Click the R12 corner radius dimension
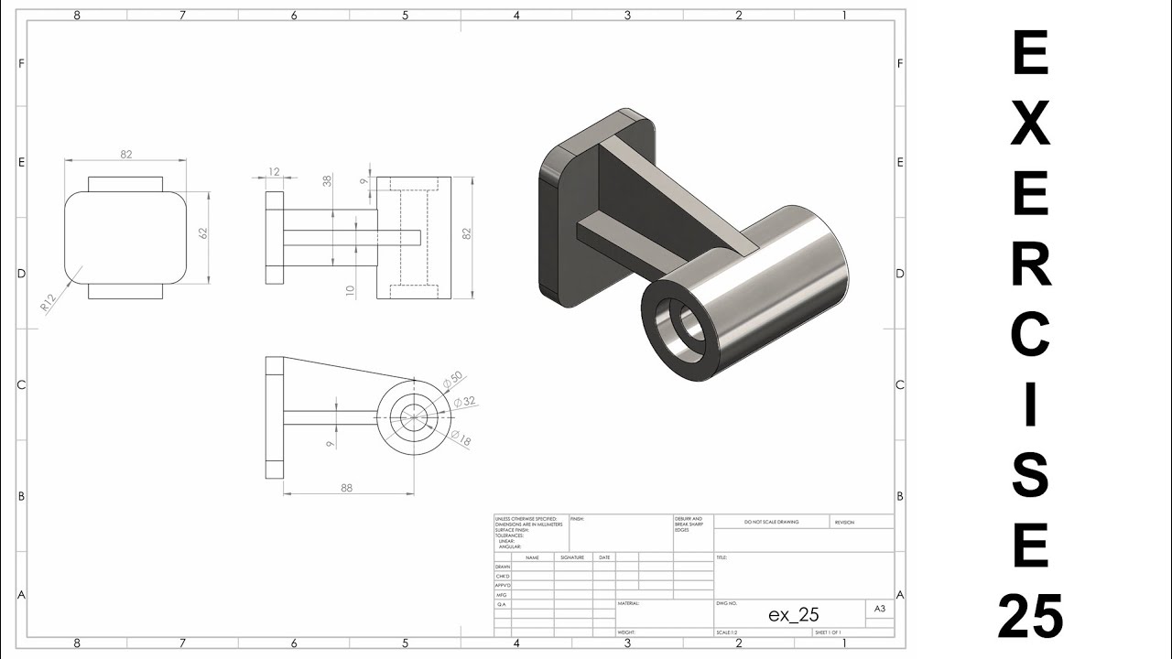click(49, 303)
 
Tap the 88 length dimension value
click(346, 488)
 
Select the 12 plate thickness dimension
click(274, 172)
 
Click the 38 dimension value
click(327, 182)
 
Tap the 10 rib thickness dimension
click(350, 291)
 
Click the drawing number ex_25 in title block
click(793, 614)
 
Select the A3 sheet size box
click(879, 609)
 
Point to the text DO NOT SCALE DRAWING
click(771, 522)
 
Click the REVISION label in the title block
click(844, 522)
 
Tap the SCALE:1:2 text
click(728, 632)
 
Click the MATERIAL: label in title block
click(629, 604)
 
